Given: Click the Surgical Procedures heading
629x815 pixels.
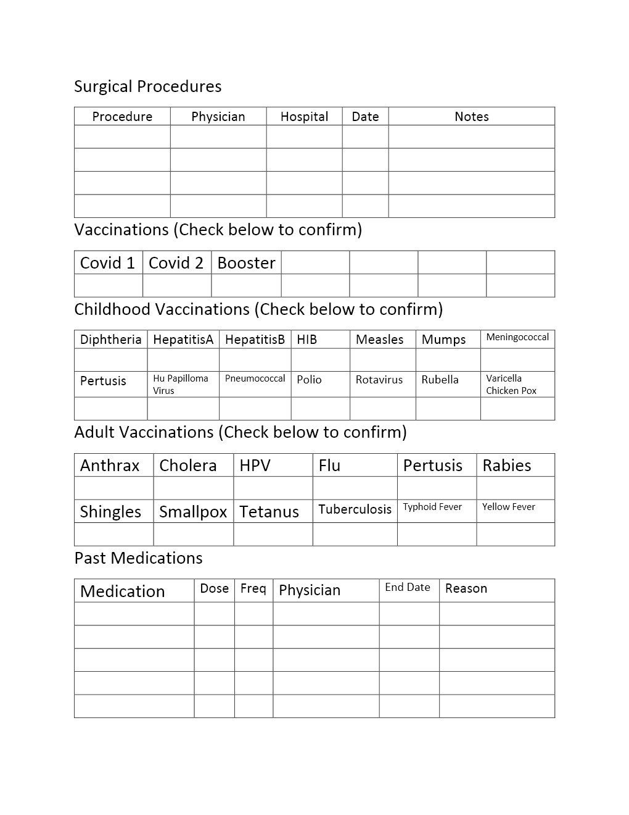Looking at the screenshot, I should pos(147,86).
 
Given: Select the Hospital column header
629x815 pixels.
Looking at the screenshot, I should pos(304,117).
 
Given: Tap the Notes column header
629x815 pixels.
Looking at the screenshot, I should pos(471,117).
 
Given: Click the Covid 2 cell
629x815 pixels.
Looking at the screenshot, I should pos(176,263).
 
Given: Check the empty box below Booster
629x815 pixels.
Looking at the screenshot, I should pos(246,286).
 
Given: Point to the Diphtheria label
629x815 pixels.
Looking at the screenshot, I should pos(110,340).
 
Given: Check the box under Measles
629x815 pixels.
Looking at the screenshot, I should pos(382,360).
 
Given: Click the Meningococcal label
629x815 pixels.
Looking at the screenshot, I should pos(517,337).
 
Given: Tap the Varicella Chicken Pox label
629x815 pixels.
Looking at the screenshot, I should pos(511,384).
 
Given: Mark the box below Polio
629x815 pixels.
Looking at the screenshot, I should pos(320,409).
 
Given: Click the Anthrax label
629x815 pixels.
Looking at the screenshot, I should pos(110,466).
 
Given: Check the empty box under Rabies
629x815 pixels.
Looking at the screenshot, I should pos(516,488).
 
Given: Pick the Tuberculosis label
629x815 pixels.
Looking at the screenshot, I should pos(355,509).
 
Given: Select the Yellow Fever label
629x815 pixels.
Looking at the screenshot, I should pos(508,507).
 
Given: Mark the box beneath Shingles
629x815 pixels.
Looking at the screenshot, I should pos(113,534).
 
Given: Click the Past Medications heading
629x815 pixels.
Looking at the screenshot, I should pos(138,558).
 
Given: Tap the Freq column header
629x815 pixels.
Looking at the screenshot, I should pos(253,588).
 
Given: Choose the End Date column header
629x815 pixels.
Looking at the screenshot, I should pos(407,587).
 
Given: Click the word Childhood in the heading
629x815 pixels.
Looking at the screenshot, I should pos(112,309).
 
